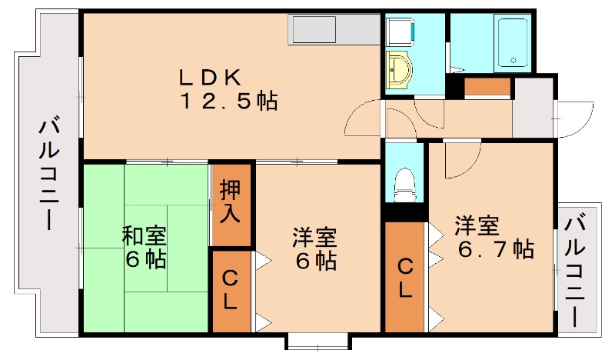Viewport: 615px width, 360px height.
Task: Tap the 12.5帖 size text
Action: pos(228,102)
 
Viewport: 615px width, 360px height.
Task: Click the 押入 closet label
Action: pos(231,202)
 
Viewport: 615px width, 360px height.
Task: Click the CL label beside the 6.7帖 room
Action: pos(405,278)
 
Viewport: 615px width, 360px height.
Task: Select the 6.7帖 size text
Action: pos(496,249)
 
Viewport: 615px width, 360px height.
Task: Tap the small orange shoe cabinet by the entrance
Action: pos(487,87)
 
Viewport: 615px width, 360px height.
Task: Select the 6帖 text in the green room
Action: pos(146,259)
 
